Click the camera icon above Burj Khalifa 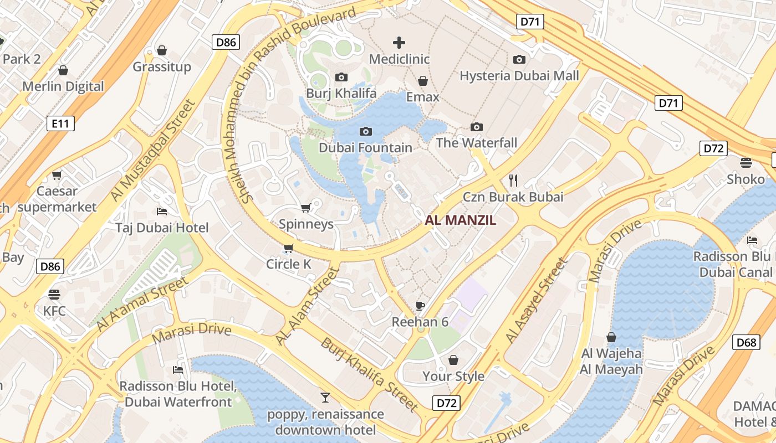click(x=341, y=77)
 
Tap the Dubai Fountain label click(x=365, y=148)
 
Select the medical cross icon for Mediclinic click(x=399, y=43)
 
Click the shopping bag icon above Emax click(x=422, y=81)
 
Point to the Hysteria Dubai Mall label click(x=519, y=76)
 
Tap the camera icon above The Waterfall click(x=476, y=127)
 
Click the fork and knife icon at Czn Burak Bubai click(x=513, y=180)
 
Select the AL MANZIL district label click(x=460, y=220)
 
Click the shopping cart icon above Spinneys click(x=305, y=208)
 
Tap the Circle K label click(x=288, y=264)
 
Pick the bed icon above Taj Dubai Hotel click(x=162, y=211)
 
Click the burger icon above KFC click(x=54, y=294)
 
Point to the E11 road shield click(x=60, y=123)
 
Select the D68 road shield click(x=746, y=342)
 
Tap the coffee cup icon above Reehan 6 click(x=420, y=306)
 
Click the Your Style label click(x=453, y=377)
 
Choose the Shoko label click(x=746, y=179)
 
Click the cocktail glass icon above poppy click(x=325, y=397)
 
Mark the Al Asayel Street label click(x=537, y=300)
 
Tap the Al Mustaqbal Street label click(x=154, y=150)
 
